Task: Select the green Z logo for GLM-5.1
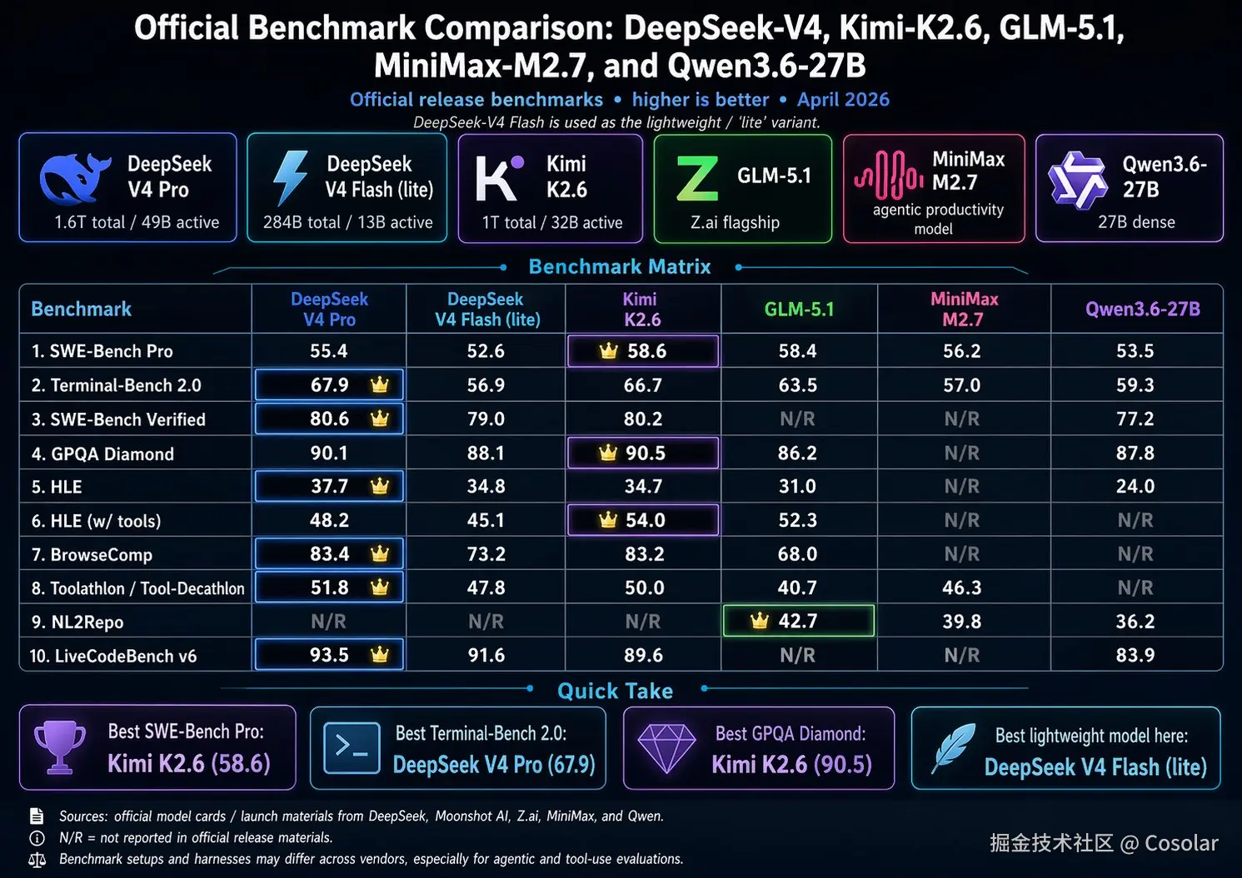coord(696,178)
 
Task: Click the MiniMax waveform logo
coord(888,176)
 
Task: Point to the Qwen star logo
coord(1077,179)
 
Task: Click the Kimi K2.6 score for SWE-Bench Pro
coord(646,351)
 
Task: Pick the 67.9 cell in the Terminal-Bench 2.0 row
coord(329,385)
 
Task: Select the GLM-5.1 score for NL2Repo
coord(797,622)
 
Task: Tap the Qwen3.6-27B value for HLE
coord(1135,487)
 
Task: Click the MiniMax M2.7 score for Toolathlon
coord(961,588)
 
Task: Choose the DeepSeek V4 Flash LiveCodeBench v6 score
coord(486,656)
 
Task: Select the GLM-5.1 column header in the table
coord(799,310)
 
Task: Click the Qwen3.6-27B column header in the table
coord(1142,310)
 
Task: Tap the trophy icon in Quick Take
coord(60,747)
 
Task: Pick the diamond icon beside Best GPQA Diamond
coord(666,747)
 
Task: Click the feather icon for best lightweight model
coord(954,747)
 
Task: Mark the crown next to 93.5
coord(380,655)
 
